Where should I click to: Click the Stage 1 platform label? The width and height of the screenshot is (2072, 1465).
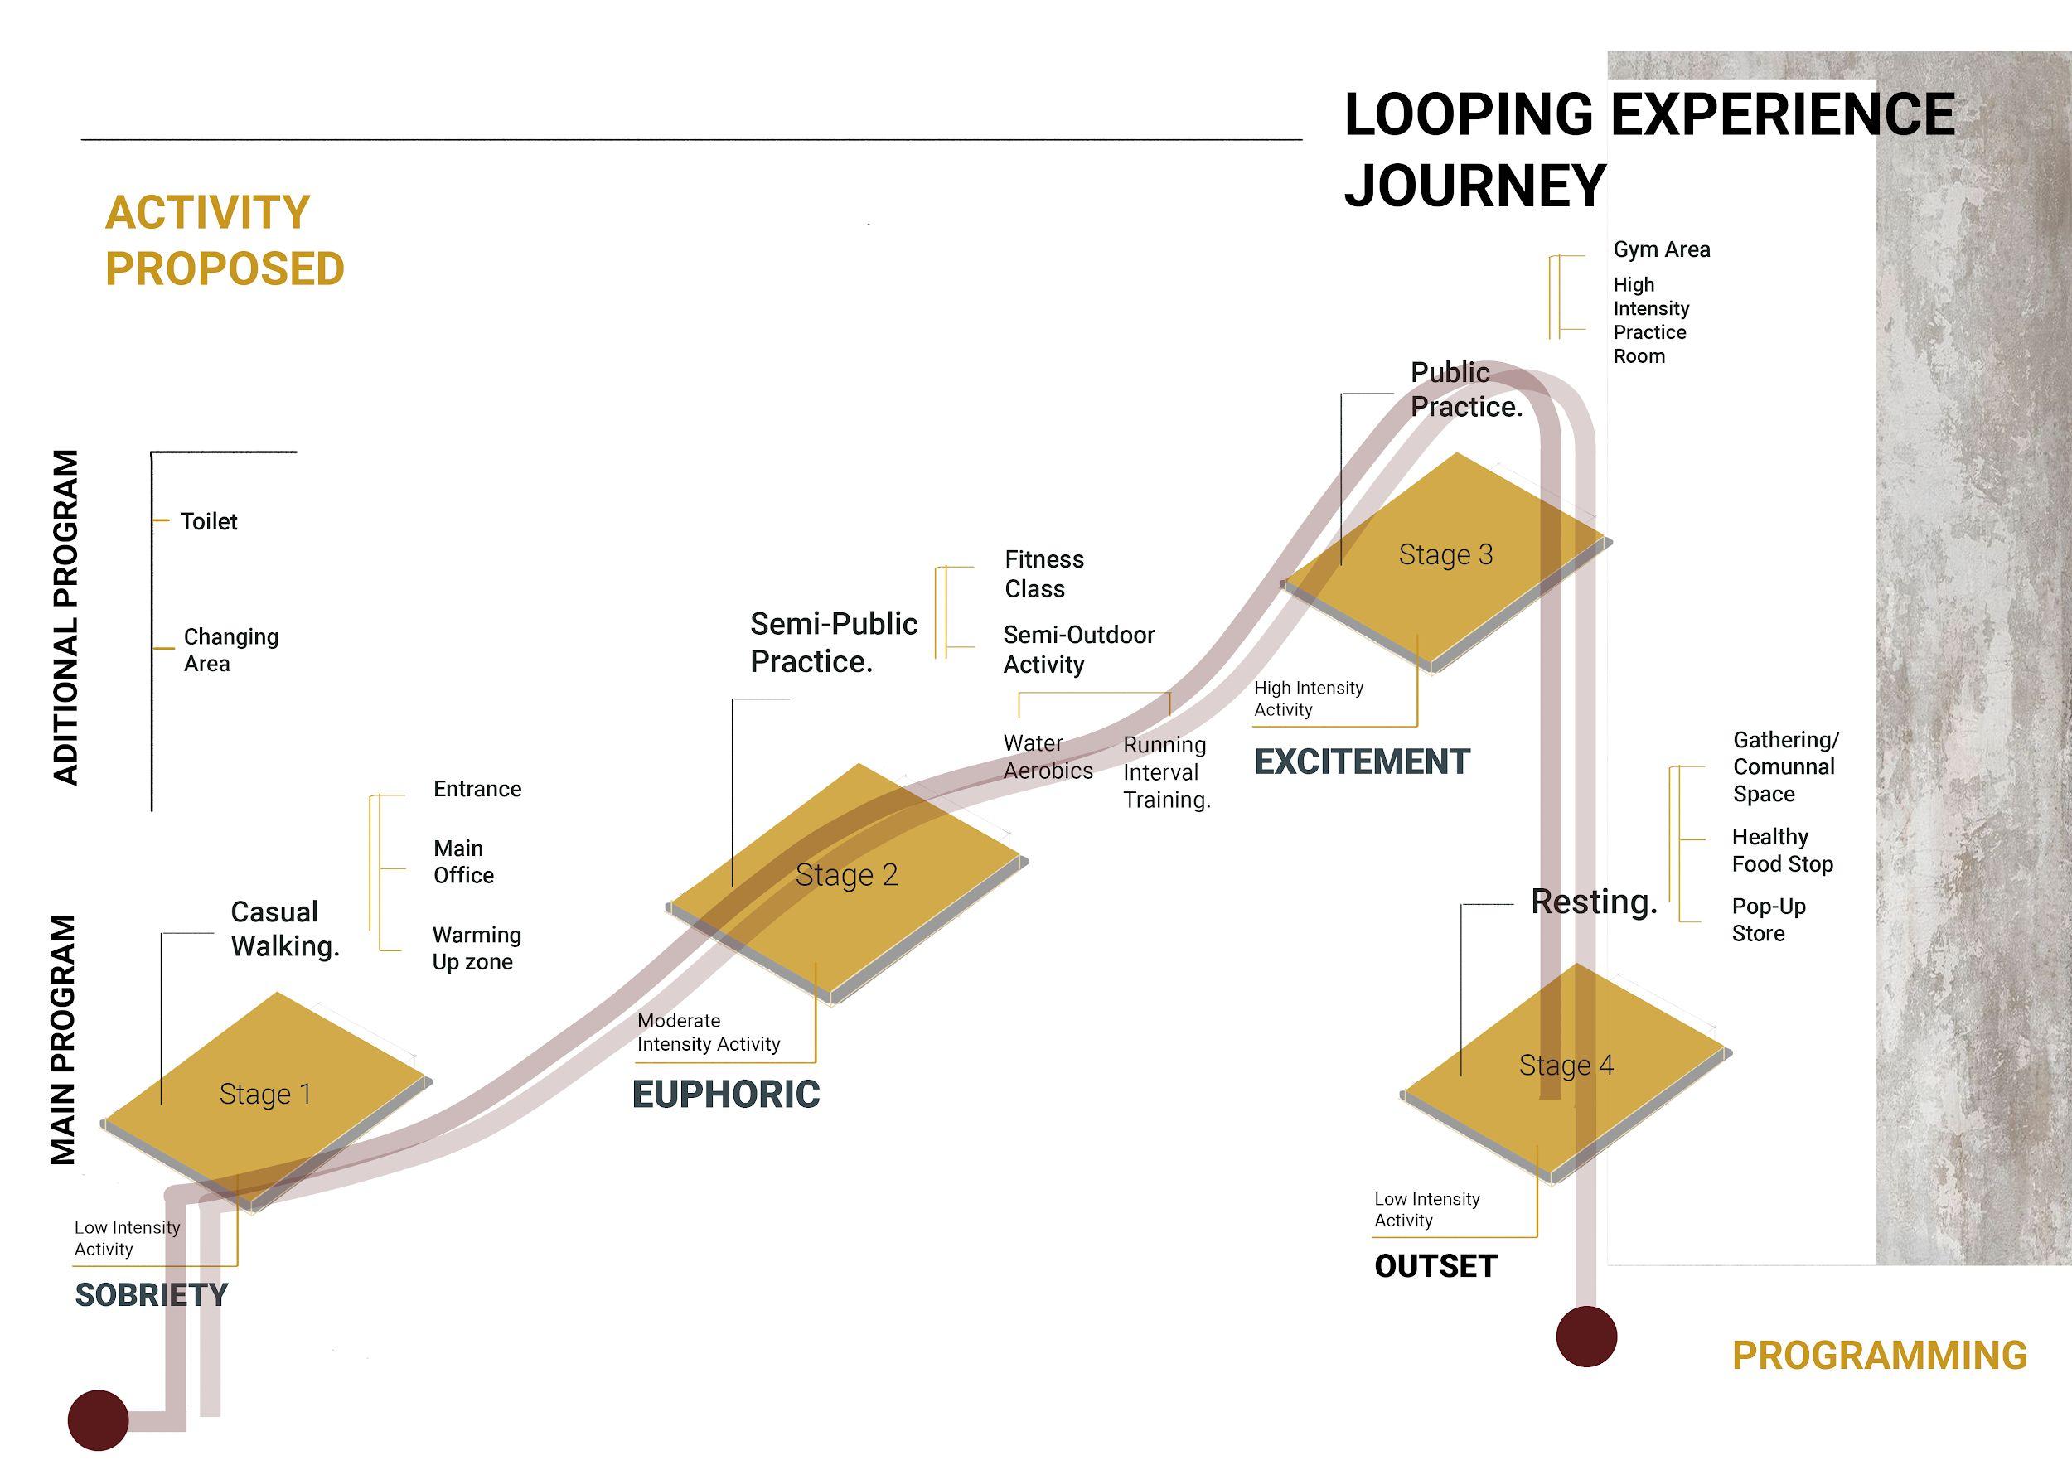[x=265, y=1095]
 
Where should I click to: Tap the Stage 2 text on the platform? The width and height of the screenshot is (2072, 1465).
[x=846, y=875]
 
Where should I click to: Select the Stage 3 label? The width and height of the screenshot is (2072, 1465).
[x=1445, y=555]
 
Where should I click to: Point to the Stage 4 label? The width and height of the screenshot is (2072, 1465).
[x=1566, y=1066]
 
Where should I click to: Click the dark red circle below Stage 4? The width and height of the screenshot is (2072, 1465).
[x=1586, y=1336]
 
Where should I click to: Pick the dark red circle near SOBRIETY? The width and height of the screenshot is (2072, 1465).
[x=99, y=1420]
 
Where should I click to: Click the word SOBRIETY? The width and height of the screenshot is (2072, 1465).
[x=152, y=1295]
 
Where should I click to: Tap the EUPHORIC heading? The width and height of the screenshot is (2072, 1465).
[x=725, y=1095]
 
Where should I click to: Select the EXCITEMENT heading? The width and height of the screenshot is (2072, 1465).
[x=1362, y=762]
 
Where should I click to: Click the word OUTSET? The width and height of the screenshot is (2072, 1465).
[x=1435, y=1266]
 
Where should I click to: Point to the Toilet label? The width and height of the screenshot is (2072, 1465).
[x=209, y=521]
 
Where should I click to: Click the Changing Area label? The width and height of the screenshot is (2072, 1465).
[x=231, y=650]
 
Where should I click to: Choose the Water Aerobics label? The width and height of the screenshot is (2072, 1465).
[x=1048, y=757]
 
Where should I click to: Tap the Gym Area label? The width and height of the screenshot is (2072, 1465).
[x=1662, y=250]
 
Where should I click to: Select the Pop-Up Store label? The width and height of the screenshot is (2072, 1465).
[x=1768, y=920]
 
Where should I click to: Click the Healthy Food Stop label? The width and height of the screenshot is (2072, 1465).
[x=1782, y=851]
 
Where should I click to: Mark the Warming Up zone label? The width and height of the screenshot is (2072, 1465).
[x=476, y=948]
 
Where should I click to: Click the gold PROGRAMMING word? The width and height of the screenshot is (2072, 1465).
[x=1879, y=1356]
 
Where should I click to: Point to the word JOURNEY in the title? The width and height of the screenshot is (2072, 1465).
[x=1474, y=186]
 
